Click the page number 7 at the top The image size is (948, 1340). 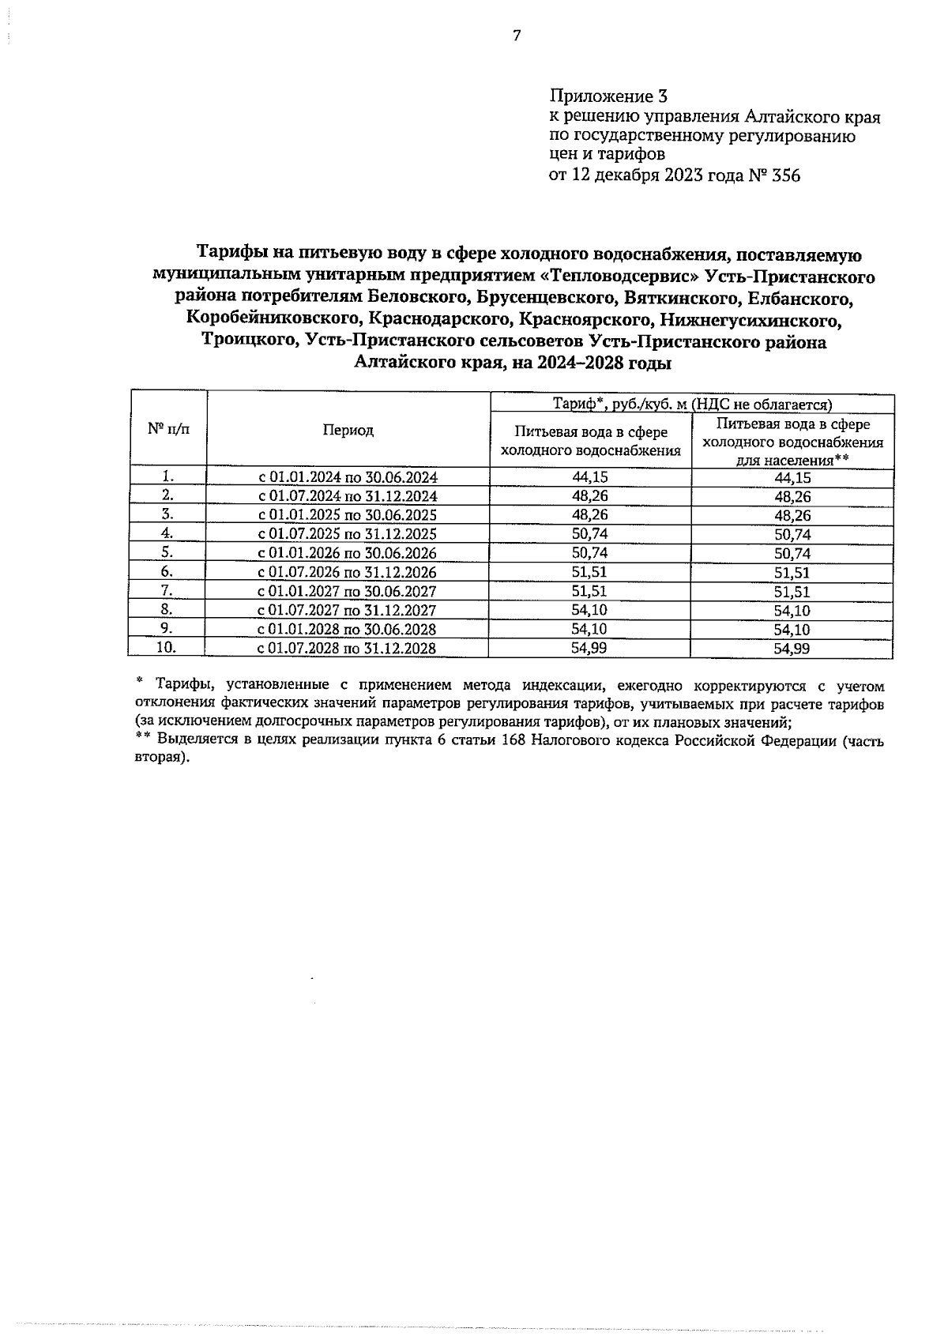(517, 36)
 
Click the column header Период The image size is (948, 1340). (348, 431)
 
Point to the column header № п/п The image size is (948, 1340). (167, 429)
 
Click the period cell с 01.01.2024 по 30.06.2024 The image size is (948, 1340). (348, 477)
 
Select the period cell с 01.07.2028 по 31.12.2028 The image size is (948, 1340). (348, 649)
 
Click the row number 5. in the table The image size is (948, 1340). (167, 552)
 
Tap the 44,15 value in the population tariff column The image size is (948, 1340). (792, 478)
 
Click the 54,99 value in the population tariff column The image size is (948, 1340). (792, 649)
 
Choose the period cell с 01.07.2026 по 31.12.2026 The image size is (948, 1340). (348, 573)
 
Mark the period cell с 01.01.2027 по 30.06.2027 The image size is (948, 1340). (348, 592)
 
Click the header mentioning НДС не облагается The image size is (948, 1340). (691, 405)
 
